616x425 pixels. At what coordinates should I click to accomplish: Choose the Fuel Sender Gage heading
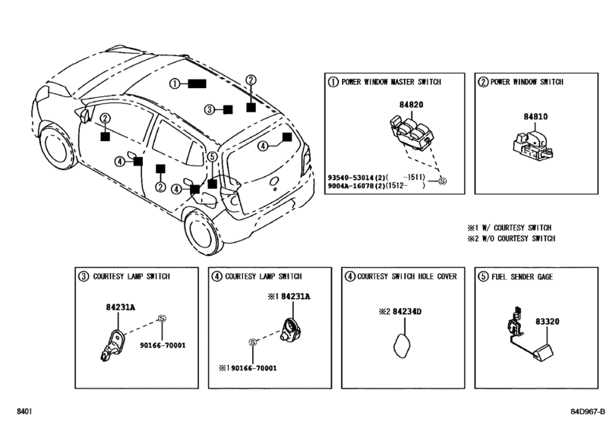[x=525, y=277]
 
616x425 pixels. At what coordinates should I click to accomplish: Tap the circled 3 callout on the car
[x=210, y=109]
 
